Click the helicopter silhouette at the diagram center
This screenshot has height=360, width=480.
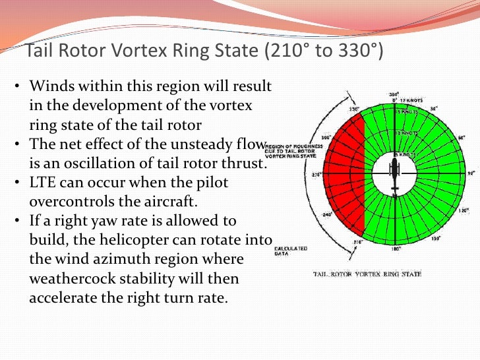click(x=394, y=175)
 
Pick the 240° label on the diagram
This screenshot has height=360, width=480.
click(x=326, y=214)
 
